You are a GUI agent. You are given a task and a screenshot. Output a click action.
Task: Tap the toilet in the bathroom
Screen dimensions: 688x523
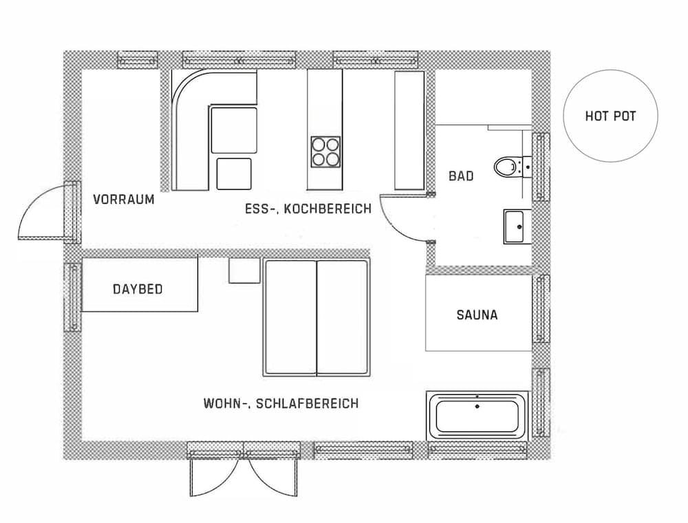512,167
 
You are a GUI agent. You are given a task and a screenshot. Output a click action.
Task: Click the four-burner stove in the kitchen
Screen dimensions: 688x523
325,152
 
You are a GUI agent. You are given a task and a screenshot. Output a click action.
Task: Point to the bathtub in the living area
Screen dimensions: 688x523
478,416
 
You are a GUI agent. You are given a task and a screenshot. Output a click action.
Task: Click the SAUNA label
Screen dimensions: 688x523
477,315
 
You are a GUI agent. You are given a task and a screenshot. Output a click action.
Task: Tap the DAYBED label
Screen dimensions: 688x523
138,289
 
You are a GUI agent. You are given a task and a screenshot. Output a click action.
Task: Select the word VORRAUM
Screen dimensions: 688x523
124,200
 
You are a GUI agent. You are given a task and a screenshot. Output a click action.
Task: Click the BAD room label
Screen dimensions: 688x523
461,176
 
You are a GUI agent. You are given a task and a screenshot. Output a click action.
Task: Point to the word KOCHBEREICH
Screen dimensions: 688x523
327,209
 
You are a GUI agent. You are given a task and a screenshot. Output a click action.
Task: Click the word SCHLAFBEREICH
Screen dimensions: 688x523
307,403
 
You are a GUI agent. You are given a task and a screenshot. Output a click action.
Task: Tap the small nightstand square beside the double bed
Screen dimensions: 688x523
244,270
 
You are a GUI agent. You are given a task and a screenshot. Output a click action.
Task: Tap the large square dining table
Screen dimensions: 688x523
234,130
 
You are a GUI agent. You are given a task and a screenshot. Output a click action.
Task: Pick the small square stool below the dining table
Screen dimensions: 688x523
234,173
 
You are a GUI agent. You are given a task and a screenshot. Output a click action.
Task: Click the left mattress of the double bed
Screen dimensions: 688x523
290,318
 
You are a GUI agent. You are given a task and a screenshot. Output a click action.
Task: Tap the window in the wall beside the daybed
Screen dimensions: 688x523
73,297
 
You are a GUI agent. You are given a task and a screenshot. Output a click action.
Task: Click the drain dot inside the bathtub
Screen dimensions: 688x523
477,407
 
